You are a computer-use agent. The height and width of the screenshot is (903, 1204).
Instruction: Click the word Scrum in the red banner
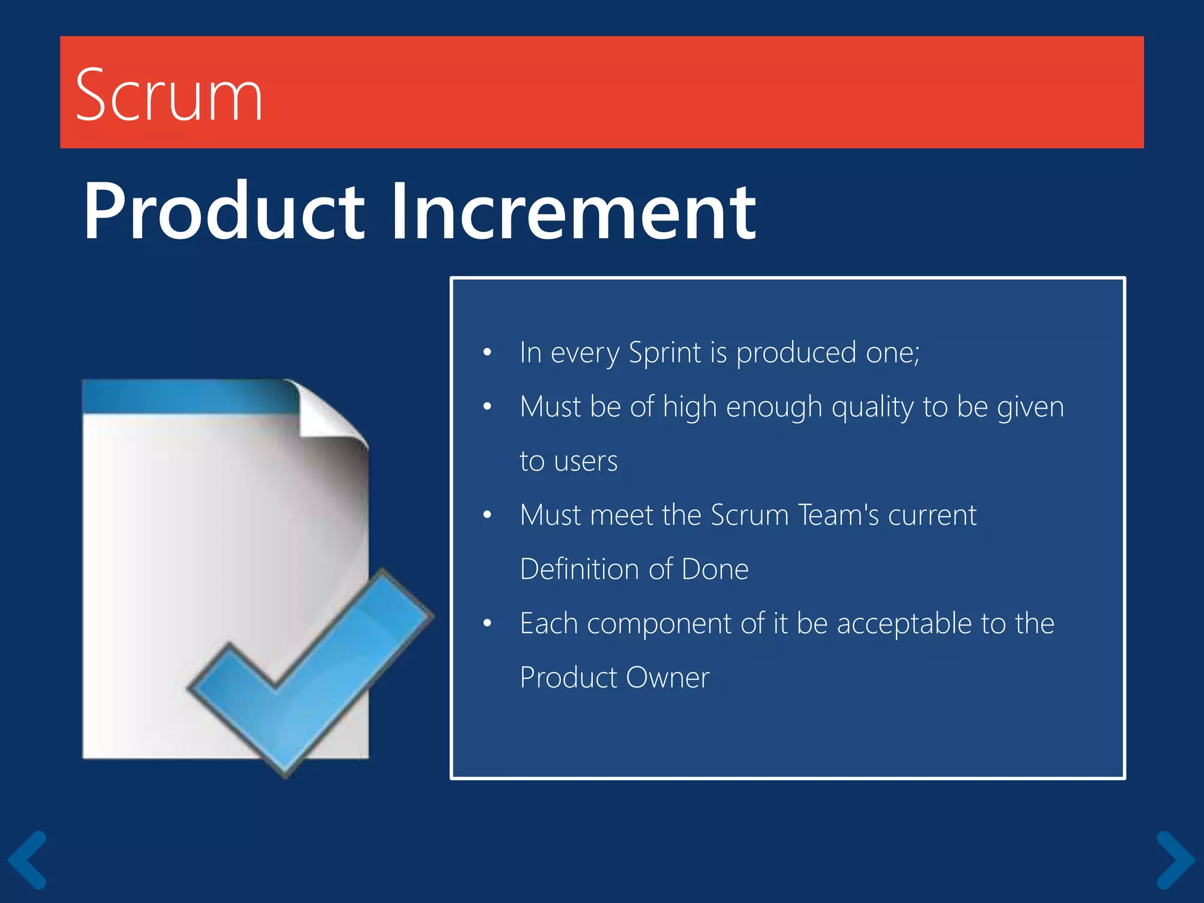(169, 95)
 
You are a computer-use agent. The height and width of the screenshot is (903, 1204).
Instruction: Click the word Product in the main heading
(224, 212)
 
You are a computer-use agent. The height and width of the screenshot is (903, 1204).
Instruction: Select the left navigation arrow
(27, 859)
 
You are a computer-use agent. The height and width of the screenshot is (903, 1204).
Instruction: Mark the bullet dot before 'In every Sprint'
(487, 353)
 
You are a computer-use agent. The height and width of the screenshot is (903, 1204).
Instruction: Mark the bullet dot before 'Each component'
(487, 623)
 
